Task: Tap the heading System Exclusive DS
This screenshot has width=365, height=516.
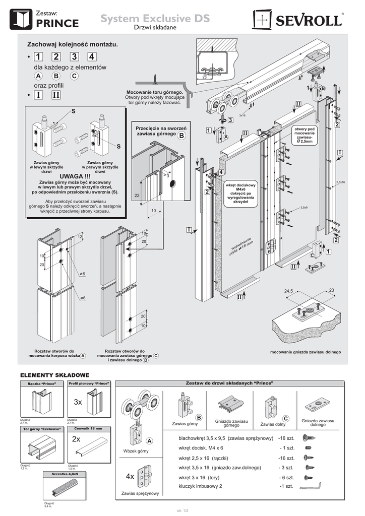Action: click(x=155, y=19)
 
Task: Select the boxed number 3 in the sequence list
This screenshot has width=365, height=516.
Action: click(x=75, y=57)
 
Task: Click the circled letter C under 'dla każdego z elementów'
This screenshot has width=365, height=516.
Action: click(x=74, y=76)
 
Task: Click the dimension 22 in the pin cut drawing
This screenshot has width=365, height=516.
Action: click(x=137, y=195)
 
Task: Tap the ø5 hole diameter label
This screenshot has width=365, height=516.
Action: click(x=82, y=274)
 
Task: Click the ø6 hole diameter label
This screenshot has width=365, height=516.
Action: click(x=82, y=298)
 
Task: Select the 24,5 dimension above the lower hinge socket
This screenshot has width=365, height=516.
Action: click(x=288, y=291)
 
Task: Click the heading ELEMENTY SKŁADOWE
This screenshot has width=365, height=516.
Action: click(x=54, y=375)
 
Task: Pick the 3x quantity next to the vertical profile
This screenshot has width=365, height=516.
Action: click(x=78, y=402)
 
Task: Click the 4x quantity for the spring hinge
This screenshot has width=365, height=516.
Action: click(x=130, y=476)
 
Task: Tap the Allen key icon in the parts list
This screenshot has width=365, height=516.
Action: click(x=310, y=486)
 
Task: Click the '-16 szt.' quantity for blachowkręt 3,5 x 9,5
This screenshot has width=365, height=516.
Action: click(x=289, y=438)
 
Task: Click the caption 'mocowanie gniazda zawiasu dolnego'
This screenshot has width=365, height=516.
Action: click(x=306, y=352)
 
